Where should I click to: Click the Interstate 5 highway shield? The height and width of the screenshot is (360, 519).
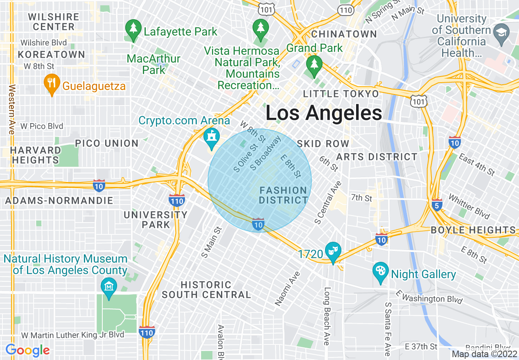pos(437,205)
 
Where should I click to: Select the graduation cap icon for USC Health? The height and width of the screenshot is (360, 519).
pos(501,32)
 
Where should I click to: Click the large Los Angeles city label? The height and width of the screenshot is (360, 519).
pos(324,113)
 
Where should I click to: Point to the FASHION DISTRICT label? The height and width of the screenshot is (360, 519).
pos(283,195)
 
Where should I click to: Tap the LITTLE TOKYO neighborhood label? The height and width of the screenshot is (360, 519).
pos(341,94)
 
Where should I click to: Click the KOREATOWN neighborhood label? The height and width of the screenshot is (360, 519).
pos(52,54)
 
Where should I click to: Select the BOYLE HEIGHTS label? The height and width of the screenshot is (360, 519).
pos(473,230)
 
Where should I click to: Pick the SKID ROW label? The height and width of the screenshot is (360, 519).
pos(323,144)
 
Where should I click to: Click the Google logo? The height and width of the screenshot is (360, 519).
pos(27,350)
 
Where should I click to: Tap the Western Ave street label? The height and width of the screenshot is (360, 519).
pos(12,109)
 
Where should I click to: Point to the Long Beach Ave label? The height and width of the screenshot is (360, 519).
pos(327,316)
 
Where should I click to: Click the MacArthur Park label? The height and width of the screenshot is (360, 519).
pos(153,64)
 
